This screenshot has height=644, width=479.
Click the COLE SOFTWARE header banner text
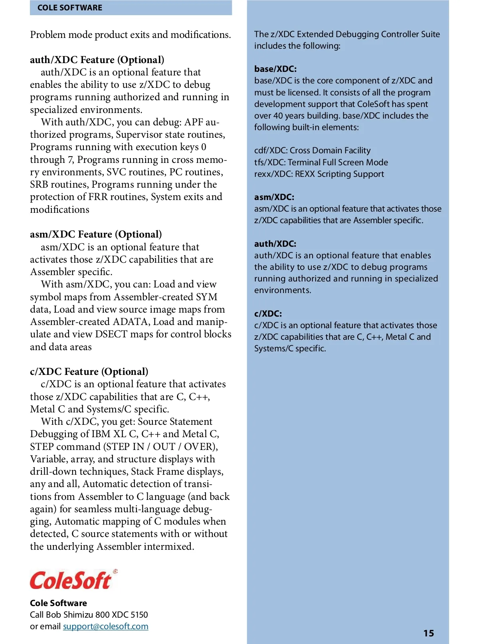pos(70,8)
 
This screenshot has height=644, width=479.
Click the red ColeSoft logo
pos(71,581)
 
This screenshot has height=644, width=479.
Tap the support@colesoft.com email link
pos(106,626)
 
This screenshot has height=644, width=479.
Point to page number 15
pos(429,633)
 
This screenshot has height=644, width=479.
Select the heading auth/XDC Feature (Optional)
pos(97,60)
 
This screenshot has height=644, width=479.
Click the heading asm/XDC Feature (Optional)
pos(96,234)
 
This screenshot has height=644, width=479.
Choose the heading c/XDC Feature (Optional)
pos(89,372)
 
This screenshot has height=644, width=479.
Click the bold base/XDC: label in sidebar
pos(275,69)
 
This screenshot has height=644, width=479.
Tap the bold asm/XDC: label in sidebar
pos(274,197)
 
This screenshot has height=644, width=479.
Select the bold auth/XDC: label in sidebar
pos(275,244)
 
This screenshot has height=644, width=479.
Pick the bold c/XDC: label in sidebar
pos(268,314)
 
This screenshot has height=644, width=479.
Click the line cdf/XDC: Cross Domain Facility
pos(312,151)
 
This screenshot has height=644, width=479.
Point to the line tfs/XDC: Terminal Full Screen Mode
pos(321,162)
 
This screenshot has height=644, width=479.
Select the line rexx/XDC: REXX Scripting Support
pos(319,174)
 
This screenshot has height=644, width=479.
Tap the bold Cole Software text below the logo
pos(58,603)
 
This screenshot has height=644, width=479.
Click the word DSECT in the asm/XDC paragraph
pos(112,334)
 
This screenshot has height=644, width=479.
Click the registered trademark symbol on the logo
pos(115,572)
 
